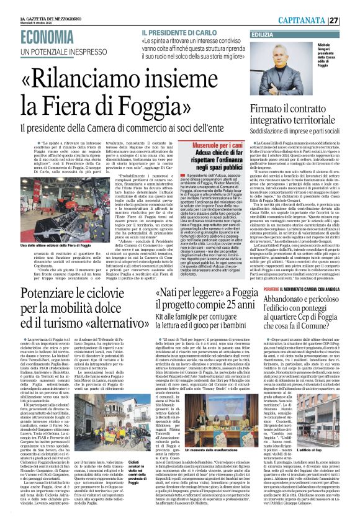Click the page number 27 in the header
point(351,20)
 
